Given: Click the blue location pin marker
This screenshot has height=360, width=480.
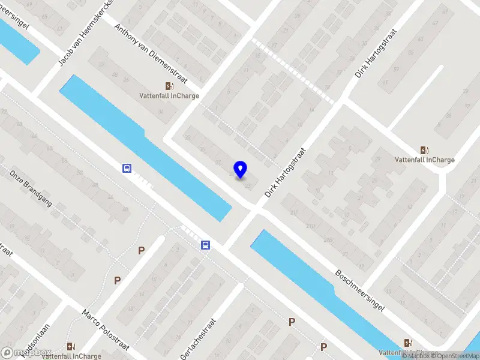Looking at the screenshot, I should (241, 170).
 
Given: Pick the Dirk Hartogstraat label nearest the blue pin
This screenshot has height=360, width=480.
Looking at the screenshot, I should (285, 172).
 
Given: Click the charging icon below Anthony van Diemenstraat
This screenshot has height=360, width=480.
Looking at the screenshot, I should (170, 86).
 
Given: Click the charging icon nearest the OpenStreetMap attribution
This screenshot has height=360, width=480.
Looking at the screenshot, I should (409, 343).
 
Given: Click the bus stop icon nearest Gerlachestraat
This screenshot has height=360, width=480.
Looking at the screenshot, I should (205, 245).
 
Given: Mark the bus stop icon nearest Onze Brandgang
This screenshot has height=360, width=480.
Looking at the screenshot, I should (127, 169).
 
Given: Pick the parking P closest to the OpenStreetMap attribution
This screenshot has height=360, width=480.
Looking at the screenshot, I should (323, 347).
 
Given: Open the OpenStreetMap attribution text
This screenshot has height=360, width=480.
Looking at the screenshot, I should (455, 356).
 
